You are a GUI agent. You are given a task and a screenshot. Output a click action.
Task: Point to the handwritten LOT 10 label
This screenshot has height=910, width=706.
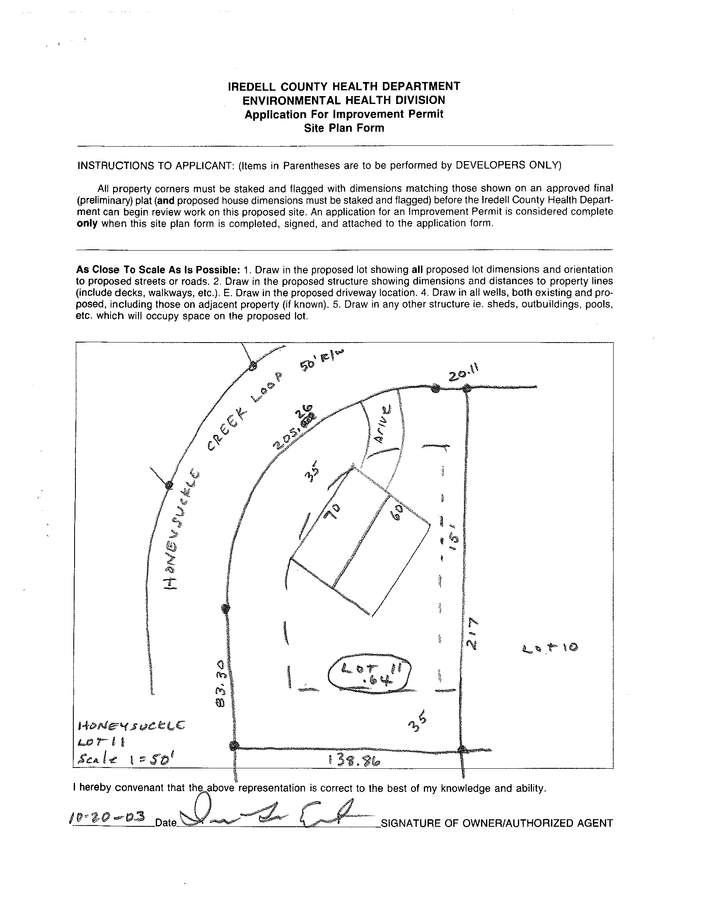[550, 648]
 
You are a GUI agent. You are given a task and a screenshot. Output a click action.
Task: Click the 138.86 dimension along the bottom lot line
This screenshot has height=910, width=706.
[355, 761]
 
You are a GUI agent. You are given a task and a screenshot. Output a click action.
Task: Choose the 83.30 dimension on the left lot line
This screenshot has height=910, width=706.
[221, 683]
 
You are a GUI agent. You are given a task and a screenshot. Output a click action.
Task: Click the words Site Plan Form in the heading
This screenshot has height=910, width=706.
[344, 128]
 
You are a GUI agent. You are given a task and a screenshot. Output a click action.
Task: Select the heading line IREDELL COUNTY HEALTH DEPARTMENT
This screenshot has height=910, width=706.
[344, 86]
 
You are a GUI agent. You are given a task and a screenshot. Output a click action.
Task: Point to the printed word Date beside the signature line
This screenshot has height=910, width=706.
[166, 823]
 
